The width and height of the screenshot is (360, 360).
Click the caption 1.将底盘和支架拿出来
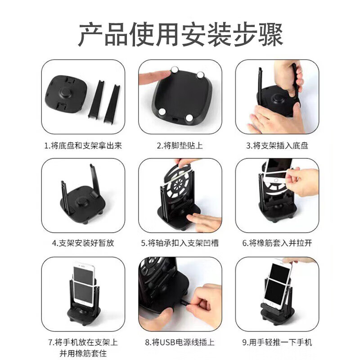[83, 145]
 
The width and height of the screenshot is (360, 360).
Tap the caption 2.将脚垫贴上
[180, 145]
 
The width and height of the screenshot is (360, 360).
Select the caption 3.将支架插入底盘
[277, 145]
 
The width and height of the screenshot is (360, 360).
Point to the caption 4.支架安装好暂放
[83, 243]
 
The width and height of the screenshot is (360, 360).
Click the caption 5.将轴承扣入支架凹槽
[180, 243]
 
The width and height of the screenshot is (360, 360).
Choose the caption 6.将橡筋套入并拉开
[277, 243]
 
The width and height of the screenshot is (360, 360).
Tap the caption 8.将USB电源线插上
[180, 342]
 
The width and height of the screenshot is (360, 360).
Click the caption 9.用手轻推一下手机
[277, 342]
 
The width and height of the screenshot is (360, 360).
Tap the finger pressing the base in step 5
[202, 220]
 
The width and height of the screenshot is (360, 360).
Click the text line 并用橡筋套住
[83, 352]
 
